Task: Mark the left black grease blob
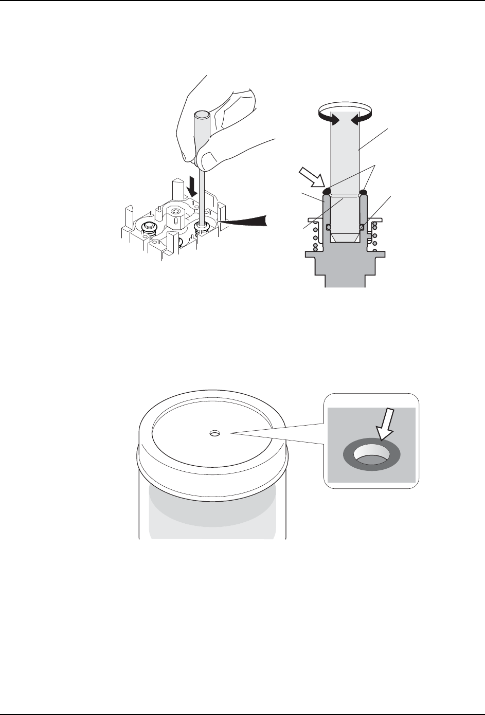(327, 192)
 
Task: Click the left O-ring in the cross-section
(329, 227)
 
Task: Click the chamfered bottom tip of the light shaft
(345, 238)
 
